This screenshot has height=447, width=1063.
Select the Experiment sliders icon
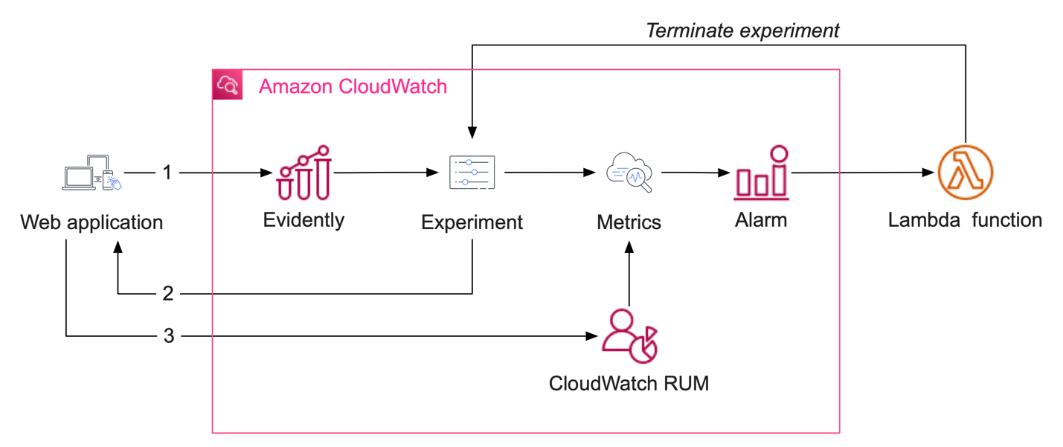[x=472, y=173]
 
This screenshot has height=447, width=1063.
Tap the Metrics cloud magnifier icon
[x=629, y=173]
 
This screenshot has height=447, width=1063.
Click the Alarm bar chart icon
[x=761, y=173]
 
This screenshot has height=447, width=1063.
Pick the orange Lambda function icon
[x=965, y=173]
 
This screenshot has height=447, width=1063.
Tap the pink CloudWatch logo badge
[x=228, y=85]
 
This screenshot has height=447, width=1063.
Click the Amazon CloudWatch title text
[x=353, y=86]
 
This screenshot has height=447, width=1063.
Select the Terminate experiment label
[x=742, y=30]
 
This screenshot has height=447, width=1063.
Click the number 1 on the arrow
[x=167, y=173]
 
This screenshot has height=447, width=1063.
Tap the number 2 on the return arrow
[x=167, y=294]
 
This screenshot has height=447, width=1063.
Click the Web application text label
[x=91, y=222]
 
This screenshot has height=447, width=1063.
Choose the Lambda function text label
[x=965, y=220]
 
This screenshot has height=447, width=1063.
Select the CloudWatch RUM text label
[x=629, y=383]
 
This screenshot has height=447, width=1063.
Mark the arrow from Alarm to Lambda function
[x=863, y=173]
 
